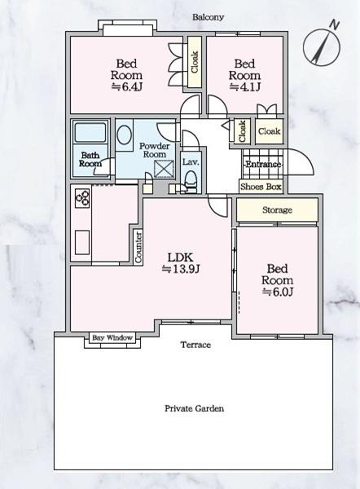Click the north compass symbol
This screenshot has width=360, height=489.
click(322, 46)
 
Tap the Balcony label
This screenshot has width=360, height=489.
click(208, 17)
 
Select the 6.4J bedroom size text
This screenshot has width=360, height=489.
click(127, 86)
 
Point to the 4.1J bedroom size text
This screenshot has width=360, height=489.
click(244, 86)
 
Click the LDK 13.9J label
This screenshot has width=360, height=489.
click(181, 263)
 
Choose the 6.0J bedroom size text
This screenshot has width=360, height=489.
click(277, 292)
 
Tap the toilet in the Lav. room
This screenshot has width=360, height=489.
click(191, 181)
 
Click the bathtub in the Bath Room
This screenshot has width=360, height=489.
click(90, 133)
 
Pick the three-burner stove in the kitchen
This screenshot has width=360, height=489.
click(83, 198)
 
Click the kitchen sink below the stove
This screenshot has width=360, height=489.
click(82, 242)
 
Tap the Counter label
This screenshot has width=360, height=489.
click(138, 247)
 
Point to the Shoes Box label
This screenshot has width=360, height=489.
click(261, 187)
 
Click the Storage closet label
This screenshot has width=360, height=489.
click(277, 210)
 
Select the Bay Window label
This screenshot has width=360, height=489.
click(112, 337)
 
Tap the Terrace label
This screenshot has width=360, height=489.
click(195, 345)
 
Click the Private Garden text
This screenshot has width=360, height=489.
click(194, 408)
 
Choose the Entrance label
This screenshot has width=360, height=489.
click(263, 164)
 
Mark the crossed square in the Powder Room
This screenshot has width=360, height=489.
click(164, 169)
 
